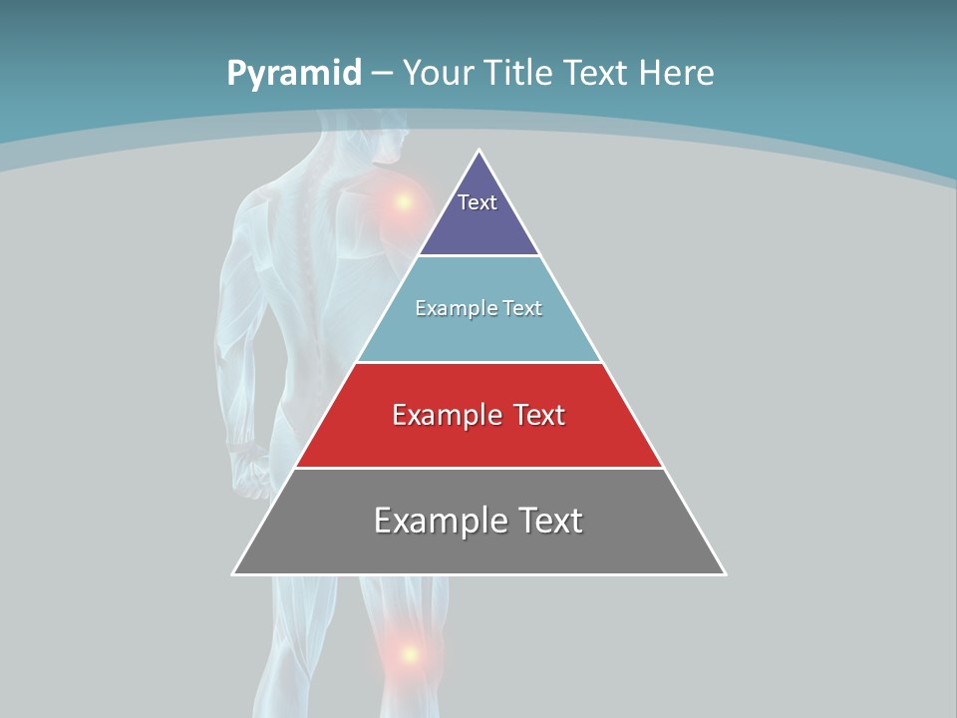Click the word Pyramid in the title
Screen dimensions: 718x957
[x=293, y=74]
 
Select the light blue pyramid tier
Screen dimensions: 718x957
[x=478, y=335]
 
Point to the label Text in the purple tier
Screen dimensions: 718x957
[x=478, y=202]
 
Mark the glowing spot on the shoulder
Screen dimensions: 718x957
[x=403, y=202]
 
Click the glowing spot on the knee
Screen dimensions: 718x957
[x=408, y=654]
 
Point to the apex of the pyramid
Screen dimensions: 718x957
[x=479, y=151]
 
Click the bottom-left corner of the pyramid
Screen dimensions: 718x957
[x=233, y=573]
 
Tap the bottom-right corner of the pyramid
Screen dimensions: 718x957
[x=725, y=573]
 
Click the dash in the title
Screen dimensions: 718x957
[x=382, y=74]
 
